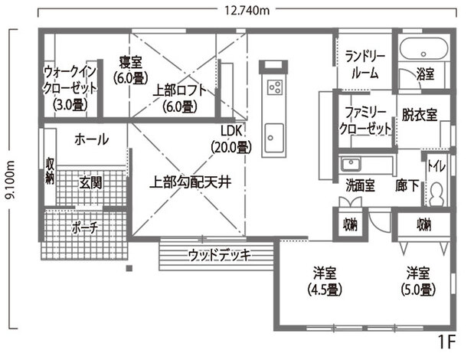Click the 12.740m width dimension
click(x=247, y=11)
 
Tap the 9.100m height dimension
click(x=11, y=179)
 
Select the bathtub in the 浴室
click(x=423, y=49)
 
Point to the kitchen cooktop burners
click(x=275, y=87)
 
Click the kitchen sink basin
click(x=273, y=138)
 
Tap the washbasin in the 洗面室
click(x=351, y=165)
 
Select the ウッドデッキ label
click(x=220, y=255)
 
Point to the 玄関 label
click(x=90, y=183)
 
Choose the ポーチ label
click(x=85, y=227)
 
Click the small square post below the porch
click(x=129, y=268)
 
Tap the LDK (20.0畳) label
click(x=231, y=139)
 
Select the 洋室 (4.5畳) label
click(x=325, y=281)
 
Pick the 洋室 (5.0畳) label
click(x=418, y=281)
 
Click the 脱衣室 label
click(x=420, y=115)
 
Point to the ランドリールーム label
click(x=365, y=65)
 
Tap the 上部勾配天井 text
click(x=191, y=182)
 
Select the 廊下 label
click(x=407, y=185)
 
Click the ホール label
click(x=91, y=139)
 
